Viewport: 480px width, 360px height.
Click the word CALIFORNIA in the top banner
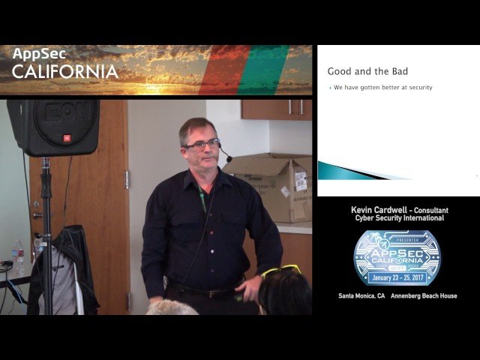[x=65, y=72]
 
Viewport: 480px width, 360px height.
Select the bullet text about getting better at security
[x=382, y=88]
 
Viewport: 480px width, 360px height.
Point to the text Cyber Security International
[x=397, y=218]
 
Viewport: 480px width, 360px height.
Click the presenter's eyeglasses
[x=202, y=144]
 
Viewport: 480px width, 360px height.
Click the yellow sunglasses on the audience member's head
[x=280, y=271]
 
